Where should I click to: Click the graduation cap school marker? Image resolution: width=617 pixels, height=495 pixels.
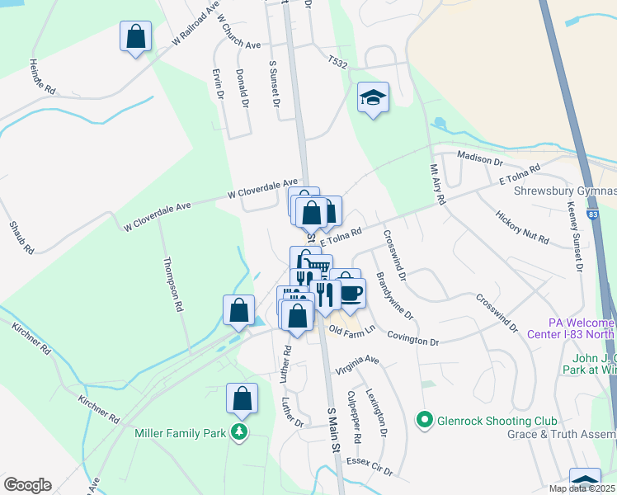(x=373, y=98)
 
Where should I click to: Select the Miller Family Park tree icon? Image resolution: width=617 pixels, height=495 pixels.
(x=239, y=432)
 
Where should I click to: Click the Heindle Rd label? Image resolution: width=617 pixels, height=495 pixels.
(x=42, y=75)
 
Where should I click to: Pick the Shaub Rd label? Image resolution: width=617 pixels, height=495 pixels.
(x=21, y=237)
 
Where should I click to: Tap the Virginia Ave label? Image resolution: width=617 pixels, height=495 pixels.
(x=356, y=366)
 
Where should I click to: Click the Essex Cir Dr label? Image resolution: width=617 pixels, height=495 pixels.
(x=370, y=467)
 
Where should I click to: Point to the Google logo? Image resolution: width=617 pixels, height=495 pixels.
(x=27, y=485)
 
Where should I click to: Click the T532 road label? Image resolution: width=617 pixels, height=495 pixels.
(x=338, y=62)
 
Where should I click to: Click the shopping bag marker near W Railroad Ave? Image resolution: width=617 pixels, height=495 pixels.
(x=136, y=37)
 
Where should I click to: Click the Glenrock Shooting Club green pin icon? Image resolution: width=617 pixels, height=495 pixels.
(x=425, y=421)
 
